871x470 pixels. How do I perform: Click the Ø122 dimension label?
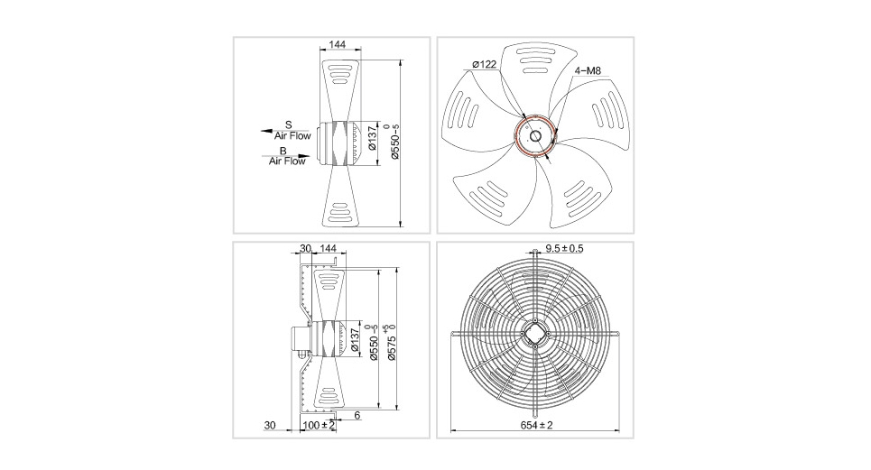coord(484,64)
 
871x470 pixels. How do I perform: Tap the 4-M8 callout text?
coord(588,71)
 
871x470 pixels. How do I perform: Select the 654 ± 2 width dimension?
coord(537,425)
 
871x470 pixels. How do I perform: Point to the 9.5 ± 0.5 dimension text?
coord(564,248)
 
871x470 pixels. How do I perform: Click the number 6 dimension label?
coord(357,415)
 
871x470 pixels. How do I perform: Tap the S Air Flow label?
coord(292,131)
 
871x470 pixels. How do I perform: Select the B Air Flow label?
coord(287,156)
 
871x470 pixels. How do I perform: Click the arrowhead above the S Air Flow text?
coord(266,132)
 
